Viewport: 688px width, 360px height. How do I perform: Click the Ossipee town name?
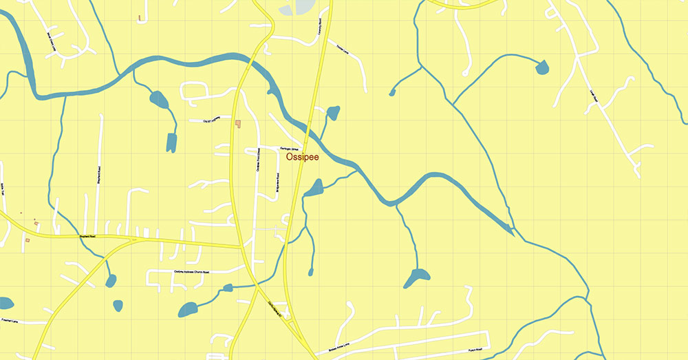pos(302,158)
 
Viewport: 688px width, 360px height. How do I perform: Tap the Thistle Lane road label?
pos(342,49)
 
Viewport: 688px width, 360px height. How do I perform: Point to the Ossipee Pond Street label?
pos(259,160)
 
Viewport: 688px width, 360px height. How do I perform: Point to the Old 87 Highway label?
pos(211,120)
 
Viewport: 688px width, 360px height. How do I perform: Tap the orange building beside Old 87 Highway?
pos(238,124)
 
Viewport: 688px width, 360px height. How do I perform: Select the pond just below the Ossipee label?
pos(315,187)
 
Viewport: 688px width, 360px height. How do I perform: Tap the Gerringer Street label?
pos(288,148)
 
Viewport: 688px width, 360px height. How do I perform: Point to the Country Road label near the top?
pos(320,26)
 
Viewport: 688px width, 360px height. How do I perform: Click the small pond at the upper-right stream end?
pos(543,67)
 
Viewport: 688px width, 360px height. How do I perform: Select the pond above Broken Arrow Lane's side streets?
pos(416,277)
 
